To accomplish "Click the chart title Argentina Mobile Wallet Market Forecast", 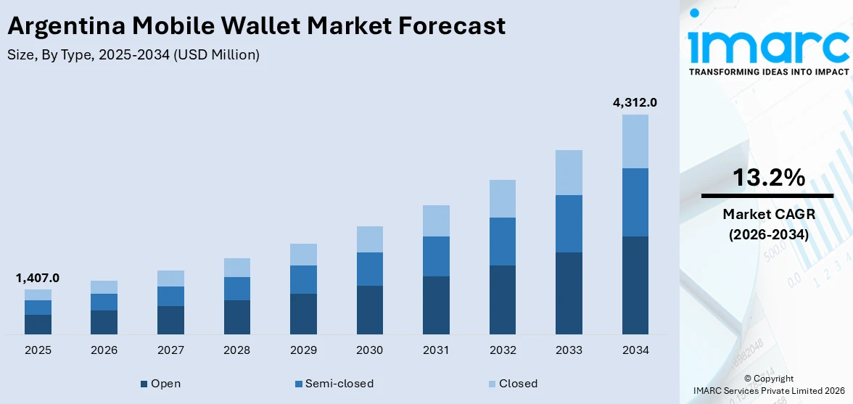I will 256,26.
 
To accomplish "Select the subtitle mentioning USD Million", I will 133,54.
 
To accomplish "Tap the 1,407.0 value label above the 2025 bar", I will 38,278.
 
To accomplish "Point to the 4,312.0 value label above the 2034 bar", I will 635,103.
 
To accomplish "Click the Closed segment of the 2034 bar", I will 635,141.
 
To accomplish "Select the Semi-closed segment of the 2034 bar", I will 635,202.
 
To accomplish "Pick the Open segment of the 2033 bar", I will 569,293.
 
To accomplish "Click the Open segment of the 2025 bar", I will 38,324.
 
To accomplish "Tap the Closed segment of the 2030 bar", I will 369,239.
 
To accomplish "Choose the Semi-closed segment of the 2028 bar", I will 236,289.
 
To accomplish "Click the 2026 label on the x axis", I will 104,350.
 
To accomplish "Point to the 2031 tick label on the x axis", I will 436,350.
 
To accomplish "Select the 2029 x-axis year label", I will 303,350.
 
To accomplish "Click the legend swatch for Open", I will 144,384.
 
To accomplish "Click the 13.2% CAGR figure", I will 767,178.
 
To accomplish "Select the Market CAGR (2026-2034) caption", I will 767,225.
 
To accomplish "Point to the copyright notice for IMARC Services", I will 768,384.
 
